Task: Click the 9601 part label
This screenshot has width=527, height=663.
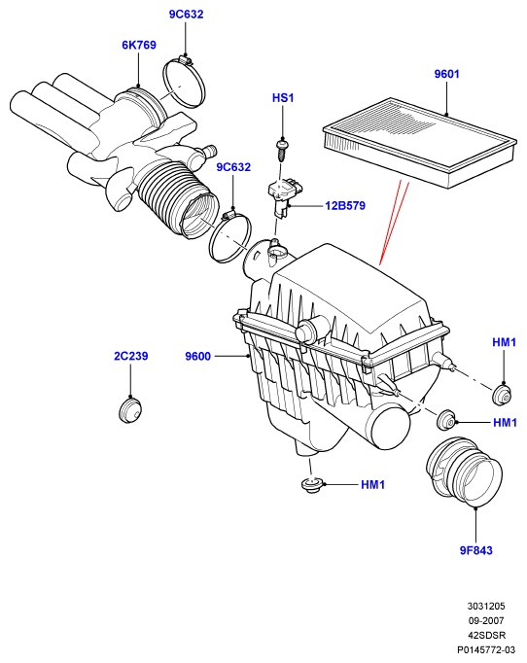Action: pyautogui.click(x=446, y=74)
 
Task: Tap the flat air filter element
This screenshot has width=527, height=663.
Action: pyautogui.click(x=420, y=143)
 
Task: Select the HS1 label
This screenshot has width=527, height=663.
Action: pyautogui.click(x=283, y=98)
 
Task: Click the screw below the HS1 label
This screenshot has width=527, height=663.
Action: pyautogui.click(x=281, y=150)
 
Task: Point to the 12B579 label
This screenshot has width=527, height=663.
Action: pyautogui.click(x=345, y=206)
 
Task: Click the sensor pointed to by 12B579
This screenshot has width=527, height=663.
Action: pyautogui.click(x=280, y=195)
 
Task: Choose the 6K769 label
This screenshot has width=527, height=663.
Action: pyautogui.click(x=139, y=45)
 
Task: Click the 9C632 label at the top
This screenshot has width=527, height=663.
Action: pyautogui.click(x=186, y=14)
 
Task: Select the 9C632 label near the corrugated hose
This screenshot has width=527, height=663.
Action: pyautogui.click(x=233, y=167)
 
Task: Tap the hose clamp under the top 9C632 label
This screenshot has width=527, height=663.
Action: pyautogui.click(x=184, y=83)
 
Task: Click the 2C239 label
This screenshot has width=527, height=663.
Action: pyautogui.click(x=131, y=356)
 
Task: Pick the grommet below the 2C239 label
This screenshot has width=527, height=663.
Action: pyautogui.click(x=129, y=410)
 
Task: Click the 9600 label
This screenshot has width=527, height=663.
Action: pyautogui.click(x=197, y=357)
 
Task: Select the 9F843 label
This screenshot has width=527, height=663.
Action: pyautogui.click(x=475, y=550)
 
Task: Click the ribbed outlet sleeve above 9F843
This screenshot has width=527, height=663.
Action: pyautogui.click(x=464, y=471)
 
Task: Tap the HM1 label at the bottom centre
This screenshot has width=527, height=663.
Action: pyautogui.click(x=372, y=485)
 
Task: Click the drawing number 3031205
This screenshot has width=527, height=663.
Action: pyautogui.click(x=486, y=607)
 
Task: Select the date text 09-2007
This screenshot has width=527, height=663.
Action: pyautogui.click(x=486, y=621)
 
